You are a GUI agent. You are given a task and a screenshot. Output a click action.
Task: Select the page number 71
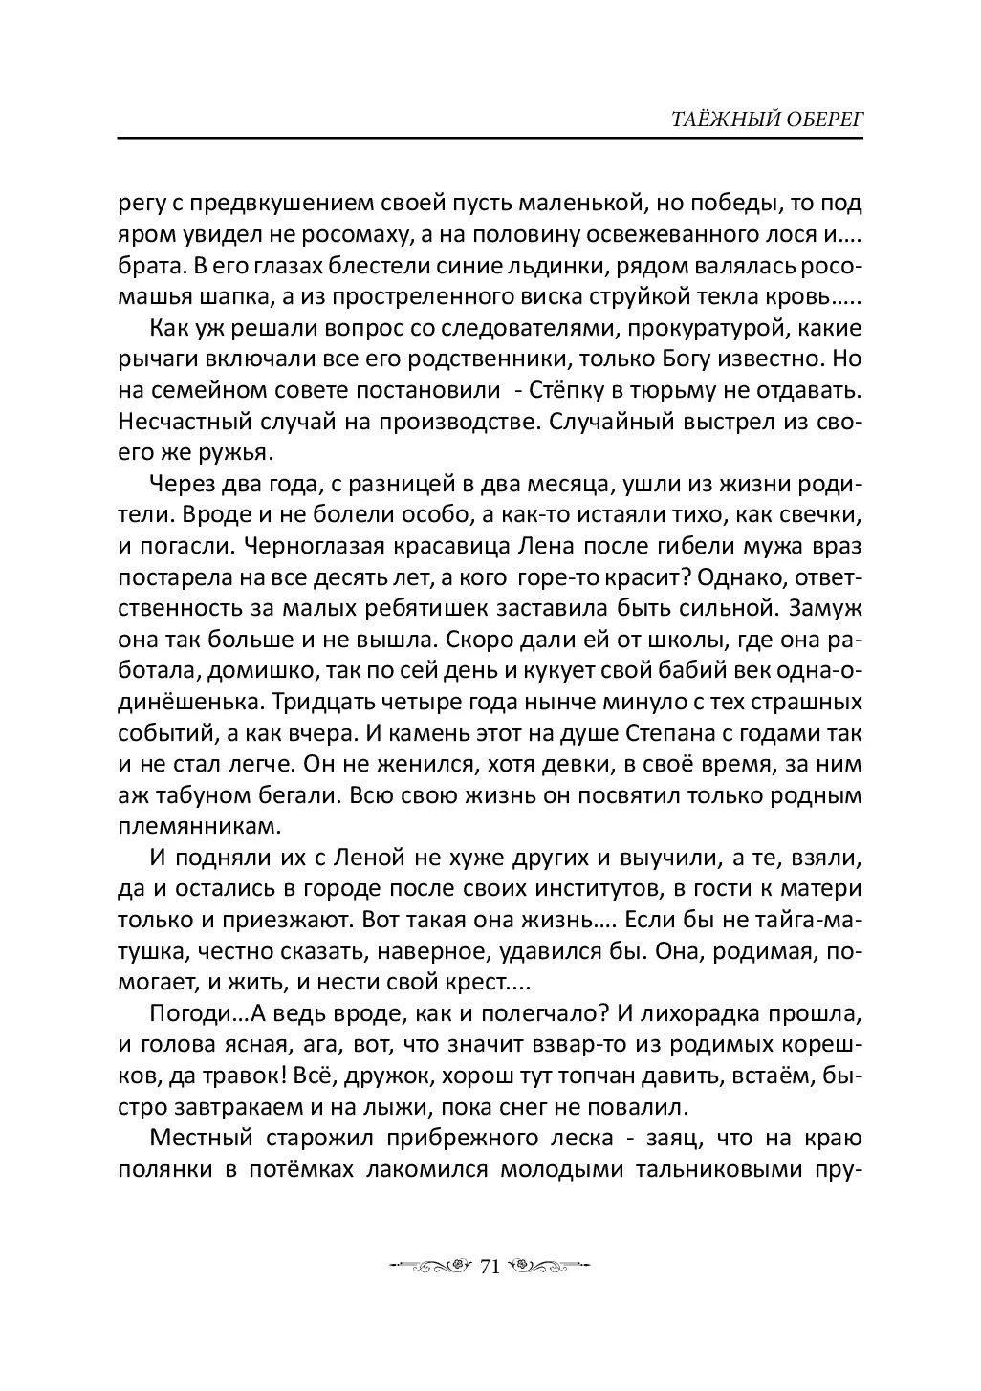[x=490, y=1268]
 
